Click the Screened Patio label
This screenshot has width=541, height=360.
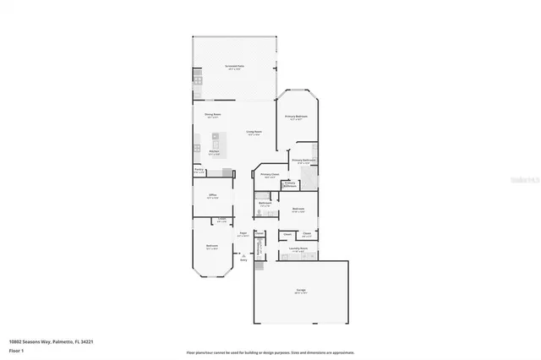coord(234,66)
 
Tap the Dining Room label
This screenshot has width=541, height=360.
coord(212,116)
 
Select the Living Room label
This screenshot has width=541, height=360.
coord(254,133)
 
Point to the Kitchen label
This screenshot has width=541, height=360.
coord(214,153)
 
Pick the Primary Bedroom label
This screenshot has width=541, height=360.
coord(297,117)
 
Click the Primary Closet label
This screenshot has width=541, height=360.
coord(270,176)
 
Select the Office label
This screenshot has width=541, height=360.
coord(213,195)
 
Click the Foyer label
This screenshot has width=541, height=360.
coord(243,234)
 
